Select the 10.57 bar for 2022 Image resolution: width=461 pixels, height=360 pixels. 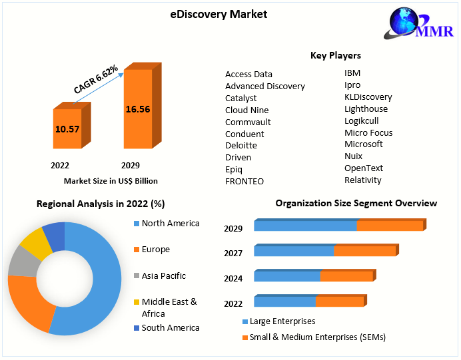[x=67, y=128]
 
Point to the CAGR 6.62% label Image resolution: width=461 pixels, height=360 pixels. [x=96, y=79]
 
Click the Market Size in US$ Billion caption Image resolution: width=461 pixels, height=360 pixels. [x=111, y=180]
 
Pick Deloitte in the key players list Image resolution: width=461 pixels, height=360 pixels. [x=240, y=146]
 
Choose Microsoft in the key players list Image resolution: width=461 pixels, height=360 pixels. [x=363, y=144]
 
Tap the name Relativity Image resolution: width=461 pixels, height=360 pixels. [x=362, y=180]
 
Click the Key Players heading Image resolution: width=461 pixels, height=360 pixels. [x=336, y=55]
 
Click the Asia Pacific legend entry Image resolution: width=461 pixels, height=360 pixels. [x=163, y=276]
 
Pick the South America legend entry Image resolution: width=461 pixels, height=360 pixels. [x=170, y=328]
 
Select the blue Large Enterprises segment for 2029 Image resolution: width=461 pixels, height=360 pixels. [x=306, y=226]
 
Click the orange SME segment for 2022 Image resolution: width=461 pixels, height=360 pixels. [x=340, y=302]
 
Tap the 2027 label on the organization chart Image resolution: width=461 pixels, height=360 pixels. [x=233, y=253]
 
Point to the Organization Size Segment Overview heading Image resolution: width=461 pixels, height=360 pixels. [x=356, y=204]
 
